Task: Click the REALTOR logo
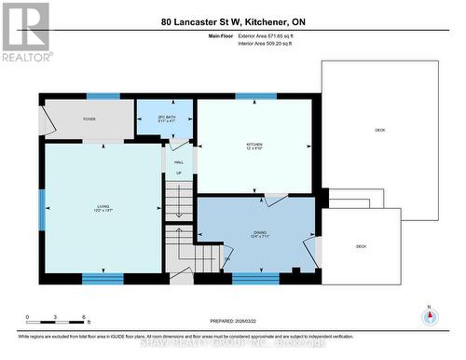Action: tap(25, 32)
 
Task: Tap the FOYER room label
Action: tap(89, 119)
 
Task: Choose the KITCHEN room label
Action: tap(254, 145)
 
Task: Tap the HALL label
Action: tap(179, 162)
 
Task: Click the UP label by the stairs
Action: tap(179, 173)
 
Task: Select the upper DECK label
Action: tap(379, 130)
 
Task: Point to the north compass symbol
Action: tap(430, 316)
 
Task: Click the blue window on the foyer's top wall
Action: tap(103, 95)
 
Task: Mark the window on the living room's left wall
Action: tap(41, 209)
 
